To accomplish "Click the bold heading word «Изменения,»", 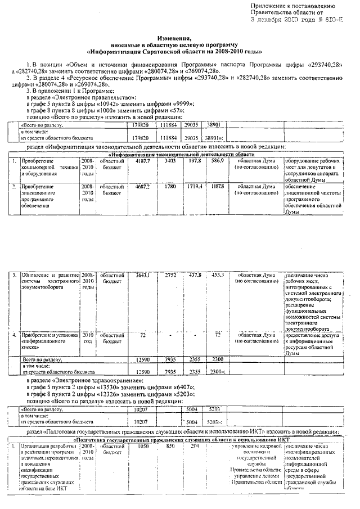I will [x=180, y=36].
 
